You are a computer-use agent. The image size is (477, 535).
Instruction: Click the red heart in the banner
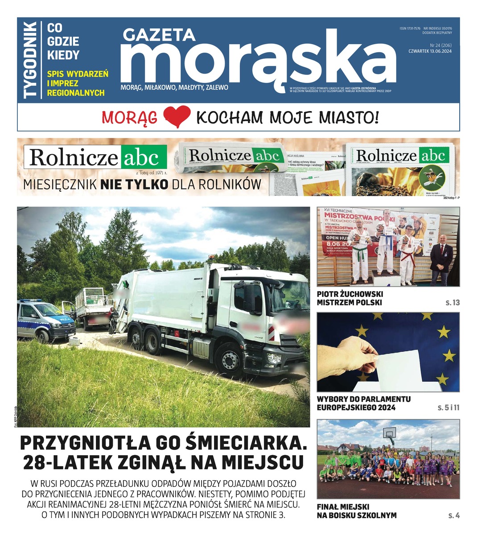177,117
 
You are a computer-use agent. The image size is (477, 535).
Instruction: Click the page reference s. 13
452,303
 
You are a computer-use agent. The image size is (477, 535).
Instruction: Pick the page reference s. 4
454,516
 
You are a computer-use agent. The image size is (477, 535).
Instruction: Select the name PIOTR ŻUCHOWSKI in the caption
350,294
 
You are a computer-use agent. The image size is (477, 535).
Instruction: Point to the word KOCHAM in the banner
229,118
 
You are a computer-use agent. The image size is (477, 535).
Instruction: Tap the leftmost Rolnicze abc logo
95,157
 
